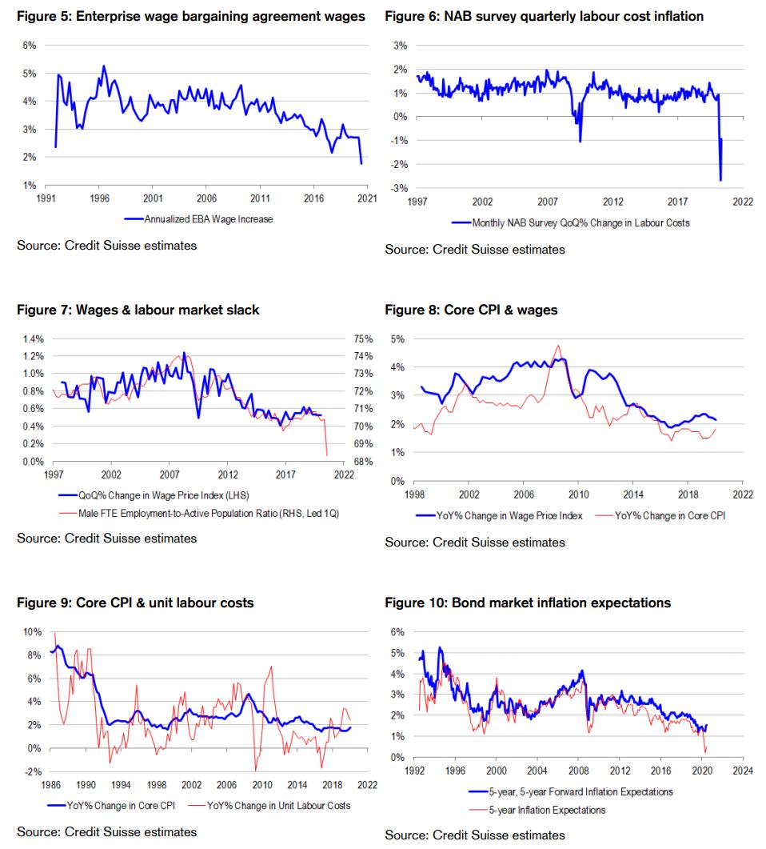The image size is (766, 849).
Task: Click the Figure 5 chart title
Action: tap(191, 16)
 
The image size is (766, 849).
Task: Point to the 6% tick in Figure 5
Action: tap(29, 46)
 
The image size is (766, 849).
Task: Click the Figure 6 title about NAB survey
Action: tap(544, 16)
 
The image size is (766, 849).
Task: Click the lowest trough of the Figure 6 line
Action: tap(720, 180)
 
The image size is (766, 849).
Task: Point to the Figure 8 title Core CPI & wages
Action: tap(471, 310)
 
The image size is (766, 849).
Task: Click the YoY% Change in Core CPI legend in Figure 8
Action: tap(665, 516)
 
